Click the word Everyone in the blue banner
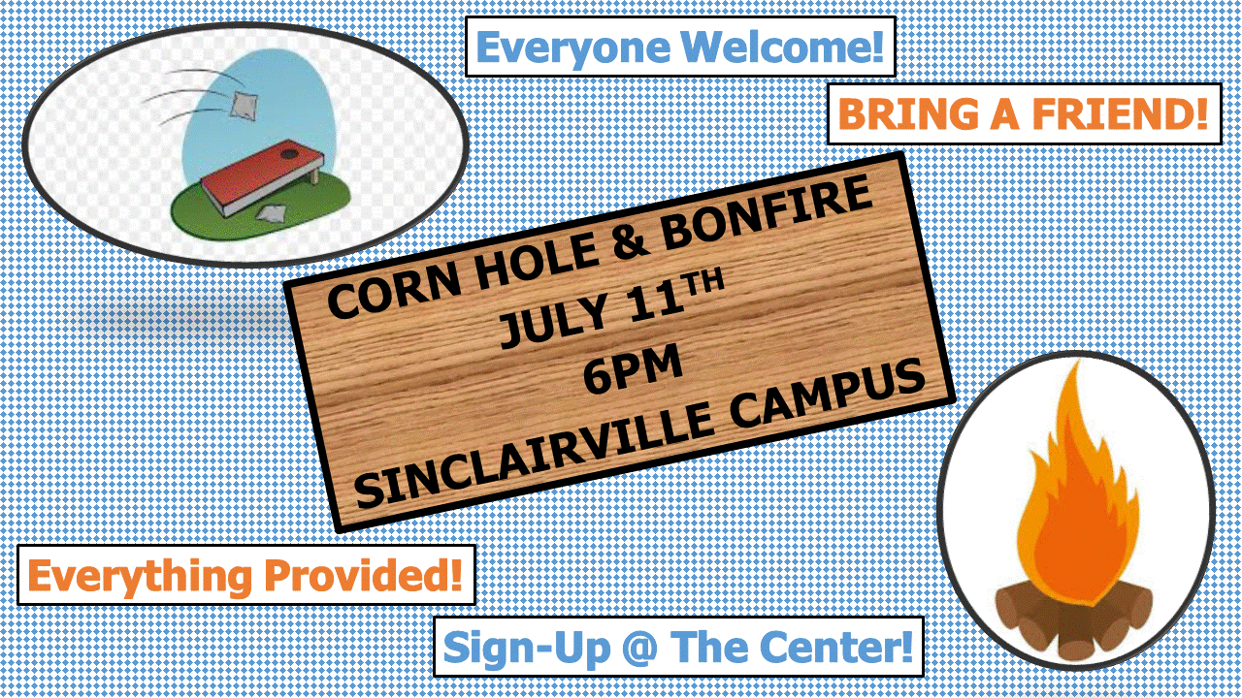572,48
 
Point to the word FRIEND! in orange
1120,114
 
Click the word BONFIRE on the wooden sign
767,212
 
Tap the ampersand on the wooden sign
631,243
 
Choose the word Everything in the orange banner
139,577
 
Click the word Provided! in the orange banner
363,576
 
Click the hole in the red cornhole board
289,152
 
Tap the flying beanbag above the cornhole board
244,106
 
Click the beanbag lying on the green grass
273,212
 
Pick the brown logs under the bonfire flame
1074,618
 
